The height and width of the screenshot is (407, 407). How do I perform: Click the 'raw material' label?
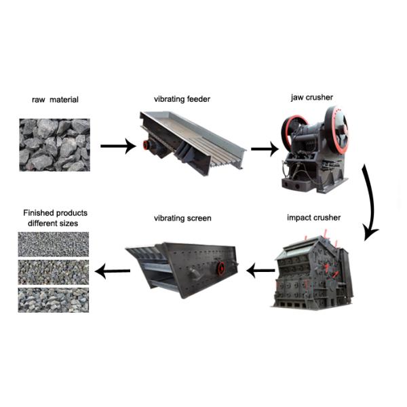[x=55, y=100]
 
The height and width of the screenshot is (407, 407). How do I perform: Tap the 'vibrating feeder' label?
[x=182, y=99]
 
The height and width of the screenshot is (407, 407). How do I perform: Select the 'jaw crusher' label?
[x=312, y=98]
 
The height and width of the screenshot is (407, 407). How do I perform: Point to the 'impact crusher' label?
[x=313, y=218]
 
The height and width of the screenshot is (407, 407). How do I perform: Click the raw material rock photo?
[x=54, y=144]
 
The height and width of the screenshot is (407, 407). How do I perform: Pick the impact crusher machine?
[x=310, y=270]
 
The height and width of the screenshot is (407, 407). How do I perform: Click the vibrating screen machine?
[x=185, y=266]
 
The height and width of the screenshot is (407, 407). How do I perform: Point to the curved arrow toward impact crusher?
[x=370, y=204]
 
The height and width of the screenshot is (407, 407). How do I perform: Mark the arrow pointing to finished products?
[x=113, y=271]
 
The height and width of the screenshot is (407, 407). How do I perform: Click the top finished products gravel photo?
[x=54, y=244]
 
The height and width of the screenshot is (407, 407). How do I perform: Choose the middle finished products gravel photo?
[x=54, y=272]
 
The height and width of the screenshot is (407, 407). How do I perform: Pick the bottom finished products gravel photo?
[x=54, y=300]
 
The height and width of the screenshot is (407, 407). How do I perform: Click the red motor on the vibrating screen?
[x=220, y=268]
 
